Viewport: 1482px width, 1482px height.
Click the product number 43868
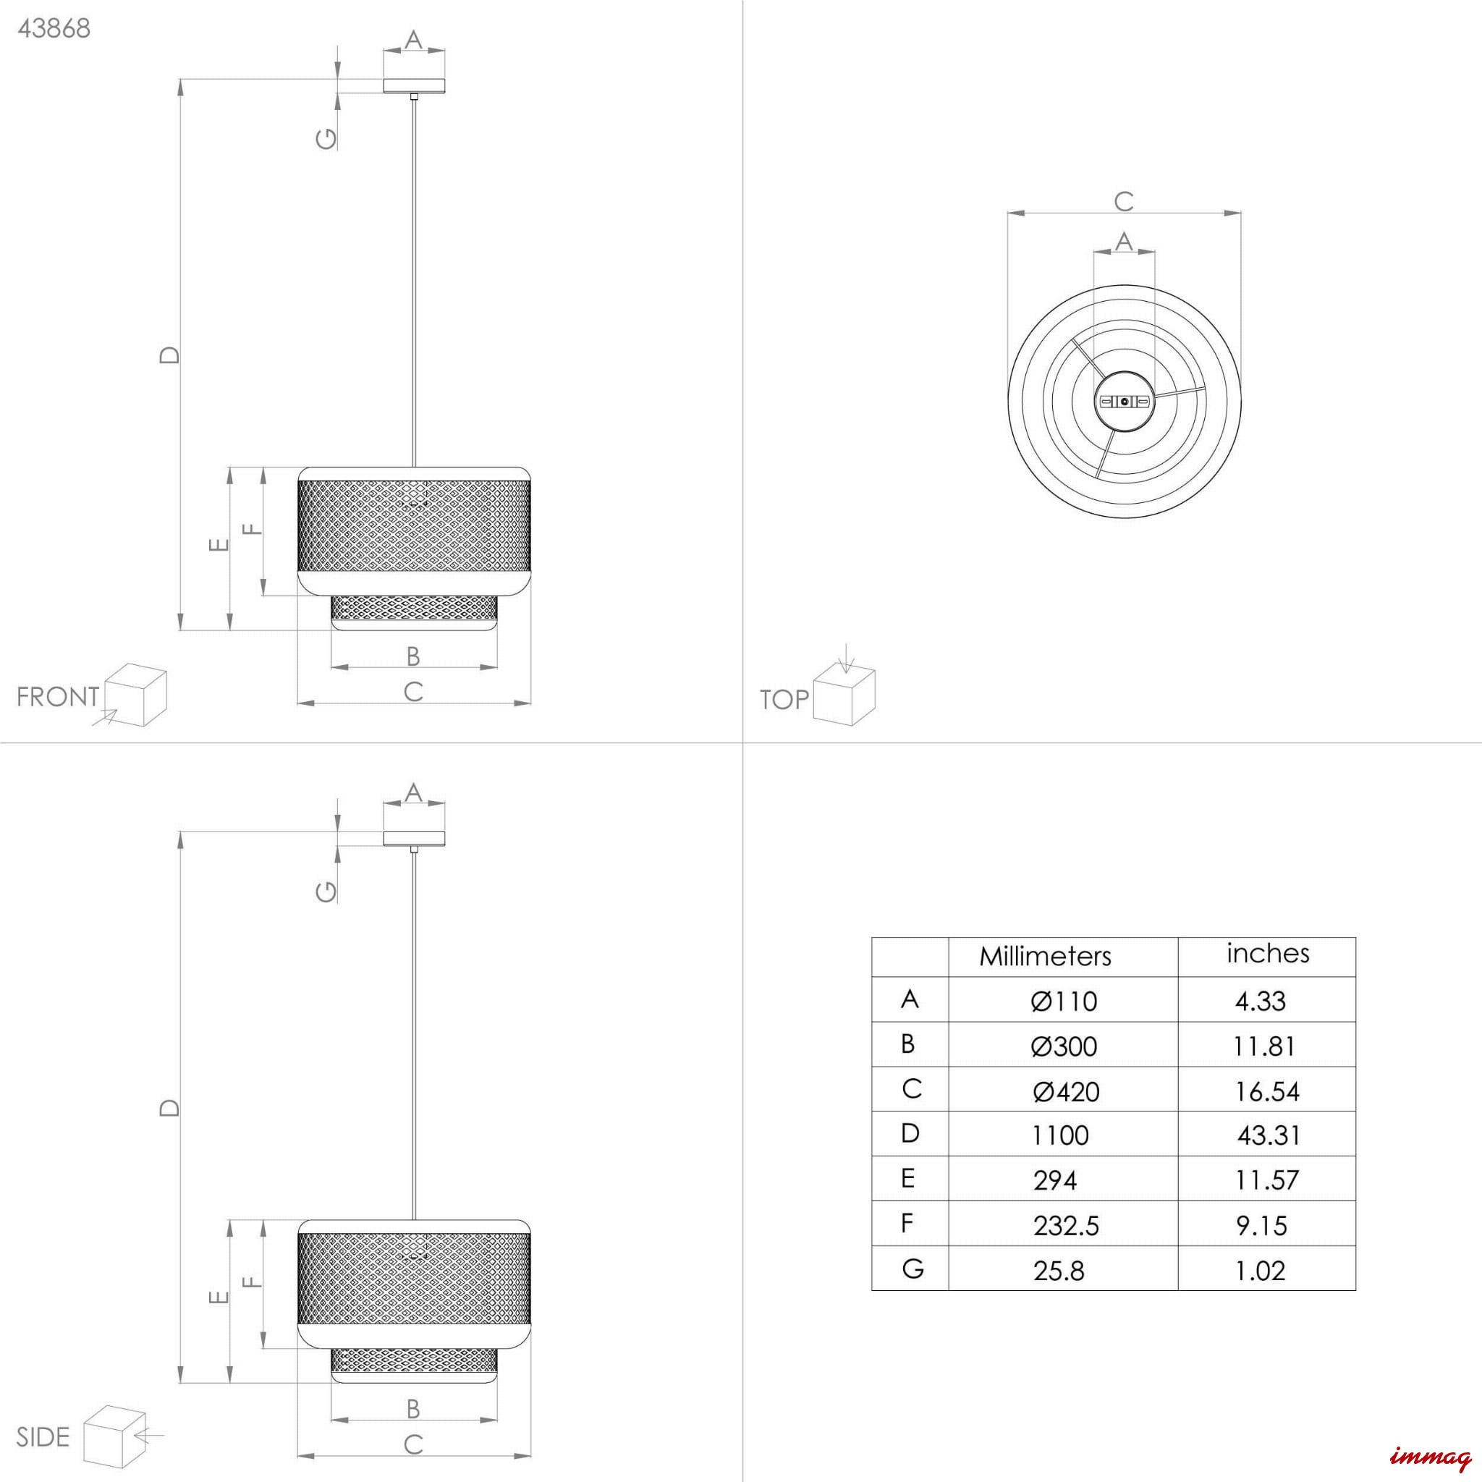pyautogui.click(x=54, y=28)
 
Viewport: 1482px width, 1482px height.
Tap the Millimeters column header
pyautogui.click(x=1045, y=956)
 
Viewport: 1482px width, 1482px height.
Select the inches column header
pyautogui.click(x=1267, y=954)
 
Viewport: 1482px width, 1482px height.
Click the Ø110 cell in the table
pyautogui.click(x=1064, y=1001)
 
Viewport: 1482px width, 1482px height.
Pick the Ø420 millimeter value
pyautogui.click(x=1065, y=1091)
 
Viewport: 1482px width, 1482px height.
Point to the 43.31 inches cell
pyautogui.click(x=1269, y=1135)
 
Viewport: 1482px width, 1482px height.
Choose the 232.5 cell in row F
pyautogui.click(x=1065, y=1226)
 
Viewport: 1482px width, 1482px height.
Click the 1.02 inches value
pyautogui.click(x=1261, y=1271)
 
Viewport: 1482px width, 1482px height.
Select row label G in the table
pyautogui.click(x=912, y=1269)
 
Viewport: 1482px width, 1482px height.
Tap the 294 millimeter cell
pyautogui.click(x=1055, y=1180)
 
